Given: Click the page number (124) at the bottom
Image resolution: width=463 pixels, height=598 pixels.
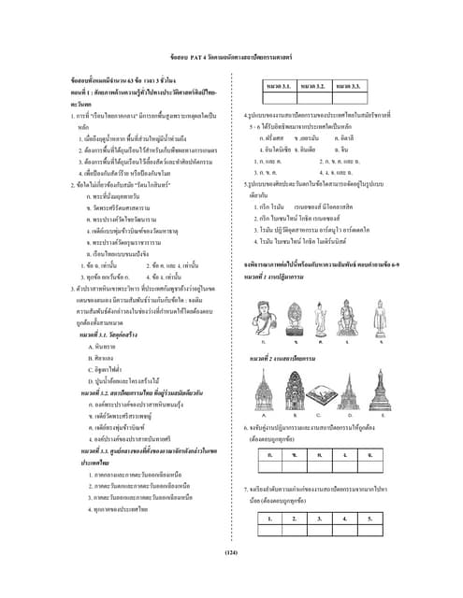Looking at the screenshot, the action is coord(232,554).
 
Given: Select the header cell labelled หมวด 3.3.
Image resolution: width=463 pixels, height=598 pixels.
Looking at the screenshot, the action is coord(349,86).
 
